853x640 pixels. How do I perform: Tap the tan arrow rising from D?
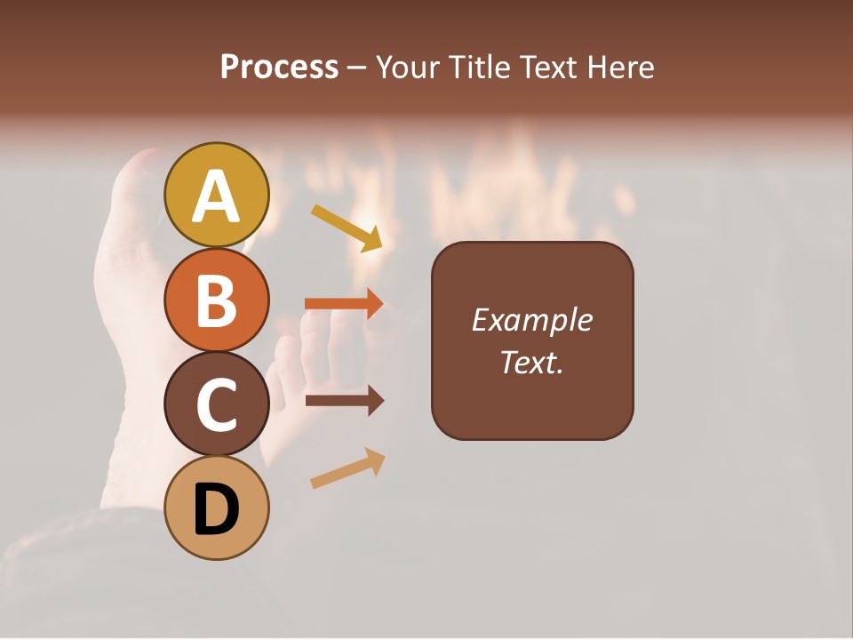pyautogui.click(x=347, y=468)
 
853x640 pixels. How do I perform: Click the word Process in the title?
pyautogui.click(x=279, y=68)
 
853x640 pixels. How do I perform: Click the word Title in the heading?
pyautogui.click(x=481, y=68)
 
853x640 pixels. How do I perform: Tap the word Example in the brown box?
pyautogui.click(x=531, y=320)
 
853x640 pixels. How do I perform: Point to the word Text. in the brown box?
pyautogui.click(x=531, y=362)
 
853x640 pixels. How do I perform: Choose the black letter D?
pyautogui.click(x=216, y=509)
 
